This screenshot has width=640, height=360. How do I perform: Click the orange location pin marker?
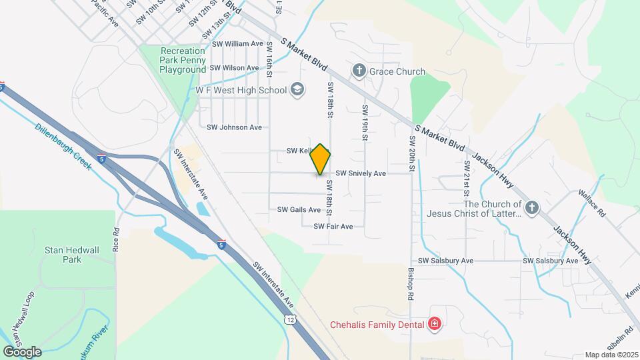tap(321, 159)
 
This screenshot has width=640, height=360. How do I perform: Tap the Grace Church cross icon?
tap(359, 71)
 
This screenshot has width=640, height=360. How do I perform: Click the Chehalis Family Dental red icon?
tap(435, 325)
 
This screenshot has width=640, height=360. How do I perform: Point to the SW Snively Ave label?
tap(361, 173)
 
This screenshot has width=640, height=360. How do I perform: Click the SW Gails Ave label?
tap(299, 209)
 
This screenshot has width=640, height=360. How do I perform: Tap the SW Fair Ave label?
tap(333, 227)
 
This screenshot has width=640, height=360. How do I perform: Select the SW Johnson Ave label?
tap(234, 127)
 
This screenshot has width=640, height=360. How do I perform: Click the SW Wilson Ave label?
tap(234, 68)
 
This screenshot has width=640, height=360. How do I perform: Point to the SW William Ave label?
tap(237, 43)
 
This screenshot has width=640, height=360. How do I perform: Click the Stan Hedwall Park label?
tap(71, 255)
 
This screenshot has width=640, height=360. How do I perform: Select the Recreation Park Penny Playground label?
tap(183, 60)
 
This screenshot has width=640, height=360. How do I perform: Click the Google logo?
tap(22, 351)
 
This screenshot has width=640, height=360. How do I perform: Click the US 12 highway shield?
tap(289, 320)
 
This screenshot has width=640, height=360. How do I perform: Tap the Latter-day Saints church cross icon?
tap(531, 209)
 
